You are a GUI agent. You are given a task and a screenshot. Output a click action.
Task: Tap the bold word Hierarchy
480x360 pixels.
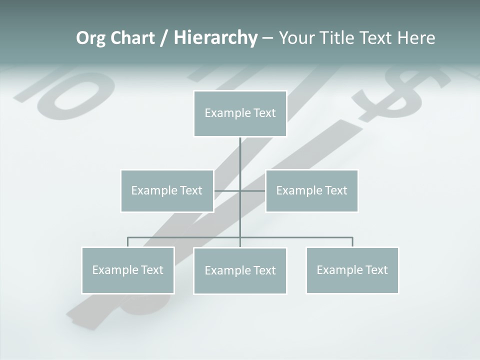coord(215,38)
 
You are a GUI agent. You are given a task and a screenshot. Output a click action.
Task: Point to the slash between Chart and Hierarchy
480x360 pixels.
coord(164,38)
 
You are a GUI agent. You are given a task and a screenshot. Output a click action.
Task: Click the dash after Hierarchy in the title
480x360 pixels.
coord(268,38)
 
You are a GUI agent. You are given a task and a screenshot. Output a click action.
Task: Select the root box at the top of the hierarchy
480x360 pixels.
coord(240,113)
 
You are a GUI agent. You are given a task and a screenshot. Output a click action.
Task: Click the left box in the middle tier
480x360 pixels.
coord(167,190)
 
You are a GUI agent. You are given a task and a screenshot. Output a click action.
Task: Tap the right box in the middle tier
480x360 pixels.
coord(312,190)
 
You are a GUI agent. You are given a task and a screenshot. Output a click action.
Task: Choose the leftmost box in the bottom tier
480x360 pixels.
coord(128,270)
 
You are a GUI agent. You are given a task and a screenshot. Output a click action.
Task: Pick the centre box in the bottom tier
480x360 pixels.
coord(240,270)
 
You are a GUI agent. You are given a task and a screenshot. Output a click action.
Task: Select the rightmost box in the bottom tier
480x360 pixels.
coord(352,270)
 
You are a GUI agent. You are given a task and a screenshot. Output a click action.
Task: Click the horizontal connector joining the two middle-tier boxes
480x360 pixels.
coord(227,190)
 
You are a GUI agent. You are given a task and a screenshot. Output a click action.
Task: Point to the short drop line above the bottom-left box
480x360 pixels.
coord(128,242)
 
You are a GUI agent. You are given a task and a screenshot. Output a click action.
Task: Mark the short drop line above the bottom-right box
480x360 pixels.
coord(352,242)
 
